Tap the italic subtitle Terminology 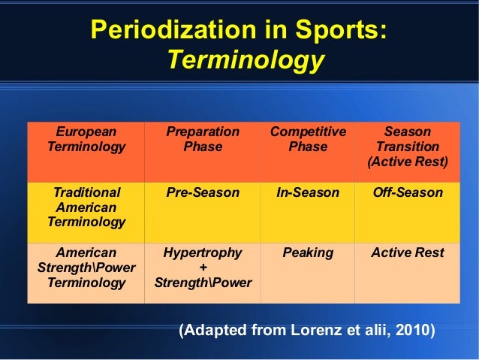tap(245, 59)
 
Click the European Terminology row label tap(86, 140)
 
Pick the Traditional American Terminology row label tap(86, 207)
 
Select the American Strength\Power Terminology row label tap(86, 268)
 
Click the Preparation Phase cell tap(203, 140)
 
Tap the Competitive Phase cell tap(308, 140)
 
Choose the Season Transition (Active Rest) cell tap(407, 147)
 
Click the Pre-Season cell tap(203, 193)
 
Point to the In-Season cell tap(308, 193)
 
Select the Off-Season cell tap(407, 193)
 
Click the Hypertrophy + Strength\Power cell tap(203, 268)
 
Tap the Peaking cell tap(308, 253)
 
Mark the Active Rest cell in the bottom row tap(407, 253)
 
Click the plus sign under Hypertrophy tap(203, 268)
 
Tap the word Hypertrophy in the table tap(203, 253)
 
